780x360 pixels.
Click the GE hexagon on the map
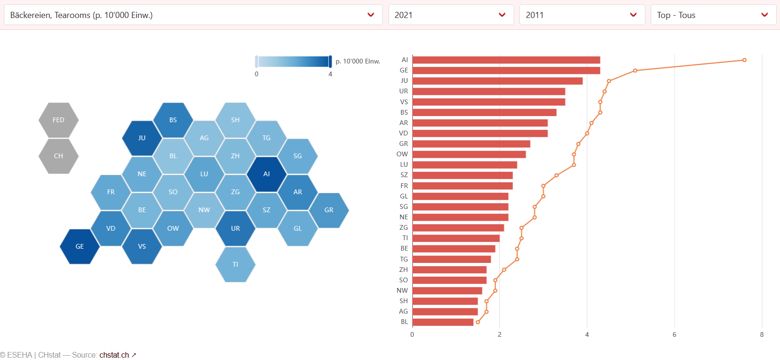80,246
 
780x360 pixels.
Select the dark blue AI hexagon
266,174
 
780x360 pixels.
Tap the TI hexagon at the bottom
236,264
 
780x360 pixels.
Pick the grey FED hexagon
58,120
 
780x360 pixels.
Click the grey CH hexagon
58,156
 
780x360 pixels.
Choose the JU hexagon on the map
142,138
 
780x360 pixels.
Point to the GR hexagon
329,210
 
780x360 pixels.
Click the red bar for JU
497,81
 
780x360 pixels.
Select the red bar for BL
443,322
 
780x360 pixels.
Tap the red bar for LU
464,165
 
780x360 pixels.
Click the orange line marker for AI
744,60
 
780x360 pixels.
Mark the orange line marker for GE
635,71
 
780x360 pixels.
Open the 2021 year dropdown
451,15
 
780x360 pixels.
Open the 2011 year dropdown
582,15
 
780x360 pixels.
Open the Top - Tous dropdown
713,15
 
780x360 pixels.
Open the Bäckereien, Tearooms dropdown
192,15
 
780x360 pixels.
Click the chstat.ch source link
114,355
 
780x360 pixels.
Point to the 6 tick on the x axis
674,335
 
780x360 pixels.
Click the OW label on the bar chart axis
402,154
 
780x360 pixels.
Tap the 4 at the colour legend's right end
330,74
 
